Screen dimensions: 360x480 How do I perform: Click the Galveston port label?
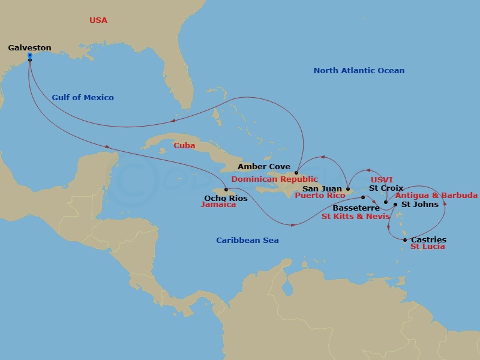(x=29, y=47)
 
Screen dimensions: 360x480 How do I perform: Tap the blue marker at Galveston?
(x=29, y=55)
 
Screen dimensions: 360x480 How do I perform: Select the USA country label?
(x=98, y=20)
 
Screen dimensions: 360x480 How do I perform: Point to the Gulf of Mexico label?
(x=83, y=97)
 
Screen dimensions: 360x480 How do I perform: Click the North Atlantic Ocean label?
(x=359, y=70)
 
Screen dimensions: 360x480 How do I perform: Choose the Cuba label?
(x=184, y=145)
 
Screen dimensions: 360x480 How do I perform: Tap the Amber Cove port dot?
(x=296, y=173)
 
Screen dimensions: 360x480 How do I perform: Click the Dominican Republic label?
(x=274, y=179)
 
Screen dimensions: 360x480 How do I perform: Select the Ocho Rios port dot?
(x=226, y=190)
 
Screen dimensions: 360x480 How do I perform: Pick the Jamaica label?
(x=218, y=205)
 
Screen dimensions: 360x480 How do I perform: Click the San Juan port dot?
(x=348, y=189)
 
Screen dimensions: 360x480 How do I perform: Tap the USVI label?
(x=382, y=179)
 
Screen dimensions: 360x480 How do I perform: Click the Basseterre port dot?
(x=363, y=197)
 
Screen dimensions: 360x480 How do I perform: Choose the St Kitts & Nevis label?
(x=356, y=216)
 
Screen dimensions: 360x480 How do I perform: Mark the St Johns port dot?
(x=395, y=205)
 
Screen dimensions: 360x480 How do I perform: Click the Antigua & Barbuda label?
(x=437, y=196)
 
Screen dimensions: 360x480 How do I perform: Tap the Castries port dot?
(x=405, y=240)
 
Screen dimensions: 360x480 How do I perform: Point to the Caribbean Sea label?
(x=247, y=240)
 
